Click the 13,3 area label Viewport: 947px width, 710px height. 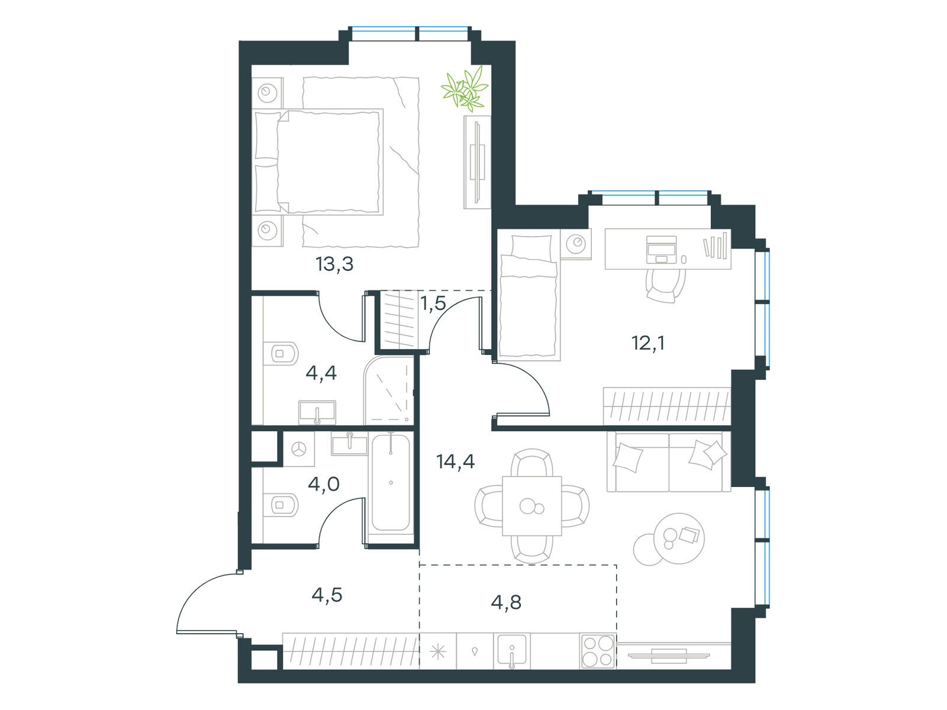click(x=334, y=264)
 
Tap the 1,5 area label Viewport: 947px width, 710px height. click(x=433, y=304)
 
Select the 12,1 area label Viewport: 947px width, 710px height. click(x=648, y=343)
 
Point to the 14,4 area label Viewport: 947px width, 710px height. click(x=455, y=461)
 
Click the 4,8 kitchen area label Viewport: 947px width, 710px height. click(x=506, y=602)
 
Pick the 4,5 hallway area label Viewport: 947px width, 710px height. click(x=327, y=595)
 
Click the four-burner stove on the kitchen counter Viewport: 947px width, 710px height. click(x=598, y=651)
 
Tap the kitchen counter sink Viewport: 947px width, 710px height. click(x=512, y=650)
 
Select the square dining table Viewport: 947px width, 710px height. click(x=532, y=506)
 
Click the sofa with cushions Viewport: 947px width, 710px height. click(x=669, y=461)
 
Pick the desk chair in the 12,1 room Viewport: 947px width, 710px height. click(x=666, y=284)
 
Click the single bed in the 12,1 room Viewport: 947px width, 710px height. click(x=529, y=298)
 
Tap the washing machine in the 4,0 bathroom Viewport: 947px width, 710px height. click(x=298, y=449)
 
